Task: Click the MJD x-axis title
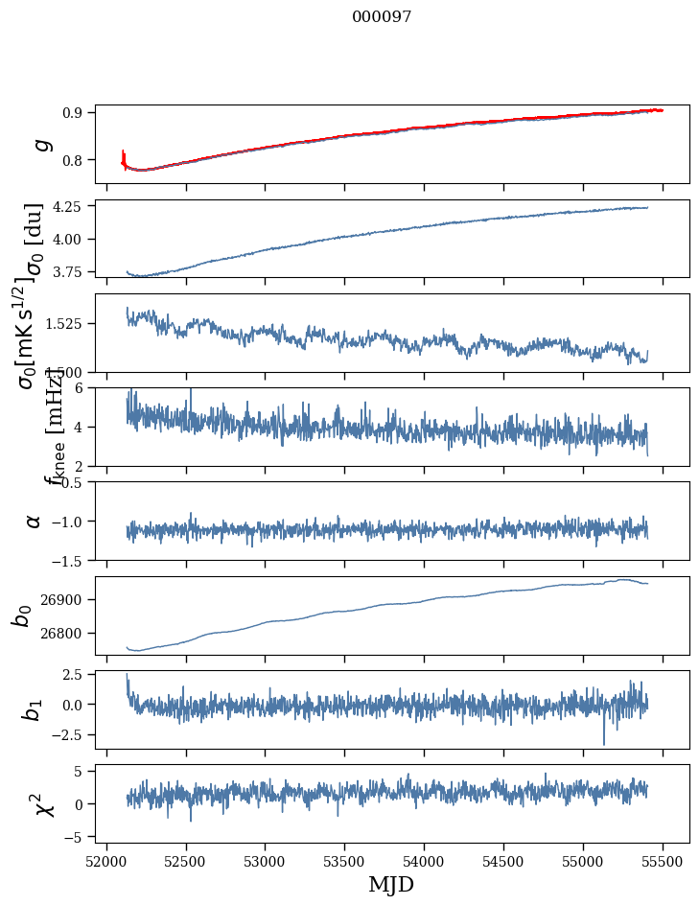coord(391,884)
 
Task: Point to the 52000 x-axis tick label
coord(106,861)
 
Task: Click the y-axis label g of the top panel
coord(40,145)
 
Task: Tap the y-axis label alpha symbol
coord(34,521)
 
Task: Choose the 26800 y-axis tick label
coord(67,633)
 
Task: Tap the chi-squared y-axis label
coord(43,803)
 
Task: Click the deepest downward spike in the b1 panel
coord(604,743)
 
